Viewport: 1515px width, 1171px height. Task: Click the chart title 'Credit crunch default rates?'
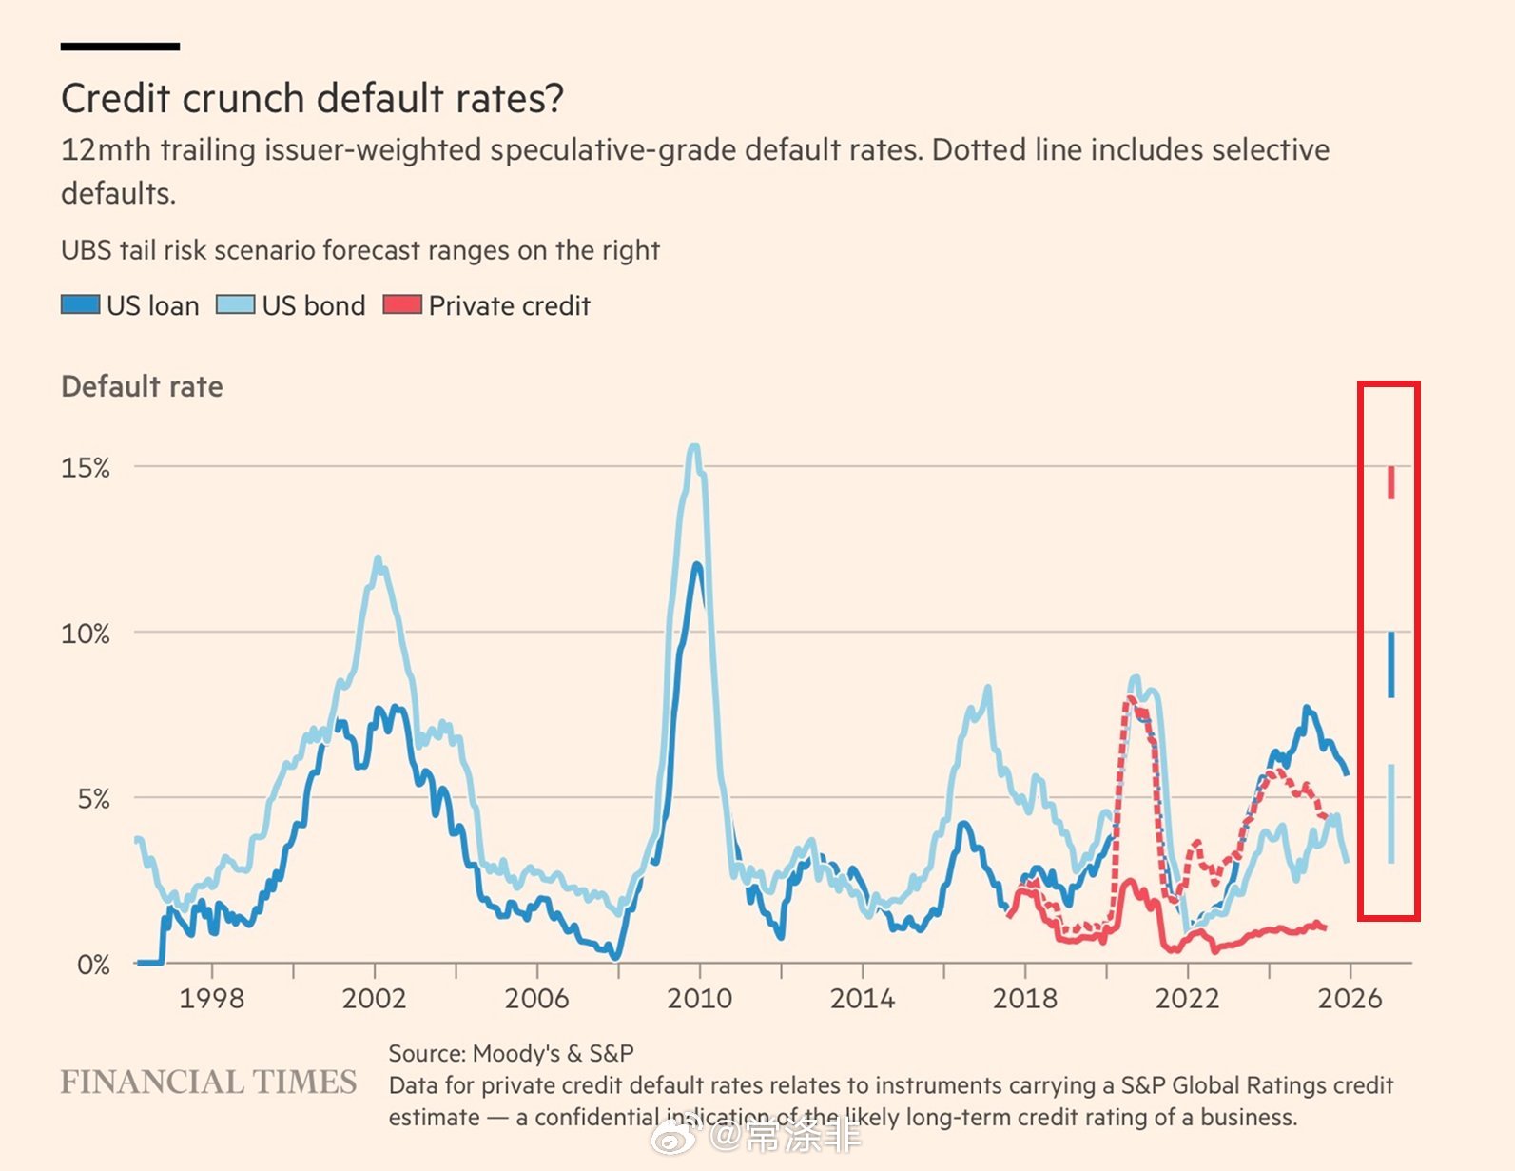tap(312, 99)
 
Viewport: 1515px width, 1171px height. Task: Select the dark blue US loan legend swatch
tap(80, 305)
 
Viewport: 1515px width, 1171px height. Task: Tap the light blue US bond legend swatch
tap(235, 305)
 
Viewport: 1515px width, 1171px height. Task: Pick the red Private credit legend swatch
tap(401, 305)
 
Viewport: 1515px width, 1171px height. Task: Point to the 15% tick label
tap(86, 468)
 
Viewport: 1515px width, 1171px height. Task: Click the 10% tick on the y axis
tap(86, 634)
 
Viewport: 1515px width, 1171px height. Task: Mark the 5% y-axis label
tap(93, 799)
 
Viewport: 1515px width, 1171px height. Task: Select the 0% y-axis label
tap(93, 965)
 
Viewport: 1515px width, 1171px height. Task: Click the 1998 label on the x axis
tap(211, 999)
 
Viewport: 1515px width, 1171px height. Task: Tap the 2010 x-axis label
tap(699, 999)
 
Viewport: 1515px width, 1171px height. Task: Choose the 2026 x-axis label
tap(1350, 999)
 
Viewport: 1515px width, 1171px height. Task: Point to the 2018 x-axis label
tap(1024, 999)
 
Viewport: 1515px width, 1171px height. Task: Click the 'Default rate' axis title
tap(142, 387)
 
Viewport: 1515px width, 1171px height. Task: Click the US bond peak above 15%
tap(694, 447)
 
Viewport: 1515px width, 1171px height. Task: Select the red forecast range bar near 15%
tap(1390, 482)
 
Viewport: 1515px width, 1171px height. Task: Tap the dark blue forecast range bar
tap(1390, 665)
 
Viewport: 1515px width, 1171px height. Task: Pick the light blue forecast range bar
tap(1390, 813)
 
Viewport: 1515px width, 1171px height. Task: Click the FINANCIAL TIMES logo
tap(208, 1083)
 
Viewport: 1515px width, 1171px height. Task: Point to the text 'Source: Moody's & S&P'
tap(511, 1054)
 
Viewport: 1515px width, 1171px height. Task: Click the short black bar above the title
tap(120, 46)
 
